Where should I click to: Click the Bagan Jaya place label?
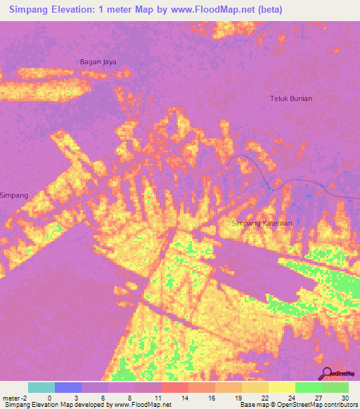click(98, 62)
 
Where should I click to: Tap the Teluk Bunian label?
click(291, 98)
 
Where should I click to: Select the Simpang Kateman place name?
click(262, 223)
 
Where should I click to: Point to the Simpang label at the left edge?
click(14, 195)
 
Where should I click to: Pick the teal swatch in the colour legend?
click(41, 387)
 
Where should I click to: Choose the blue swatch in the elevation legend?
click(67, 387)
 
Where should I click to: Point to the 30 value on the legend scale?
click(343, 397)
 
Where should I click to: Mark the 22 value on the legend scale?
click(264, 397)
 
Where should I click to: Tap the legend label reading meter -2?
click(15, 397)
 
